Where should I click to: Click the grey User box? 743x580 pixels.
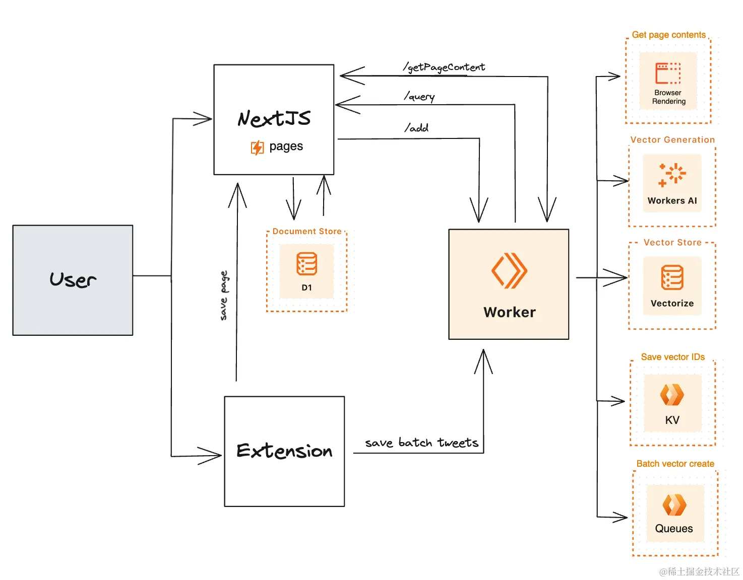click(73, 280)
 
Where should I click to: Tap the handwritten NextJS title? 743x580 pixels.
click(274, 119)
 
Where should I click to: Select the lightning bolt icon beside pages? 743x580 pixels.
click(257, 148)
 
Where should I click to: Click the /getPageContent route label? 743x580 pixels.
click(444, 67)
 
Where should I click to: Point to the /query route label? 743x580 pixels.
click(419, 96)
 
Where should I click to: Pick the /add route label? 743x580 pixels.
click(416, 128)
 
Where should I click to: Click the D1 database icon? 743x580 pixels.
click(306, 264)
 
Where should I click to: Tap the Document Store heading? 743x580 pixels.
click(307, 231)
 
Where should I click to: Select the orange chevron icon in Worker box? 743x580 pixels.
click(509, 270)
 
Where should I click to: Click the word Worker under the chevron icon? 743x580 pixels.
click(510, 312)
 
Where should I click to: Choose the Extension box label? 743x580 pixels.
click(284, 451)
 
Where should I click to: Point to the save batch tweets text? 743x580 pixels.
click(421, 443)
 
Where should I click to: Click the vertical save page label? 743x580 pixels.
click(224, 296)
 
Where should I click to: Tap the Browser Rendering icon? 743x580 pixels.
click(668, 74)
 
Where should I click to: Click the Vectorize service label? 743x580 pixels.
click(672, 303)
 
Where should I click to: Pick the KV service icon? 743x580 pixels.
click(672, 395)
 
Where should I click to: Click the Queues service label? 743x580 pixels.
click(674, 529)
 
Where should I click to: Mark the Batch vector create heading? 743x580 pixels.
click(675, 464)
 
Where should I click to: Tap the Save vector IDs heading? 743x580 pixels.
click(672, 357)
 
